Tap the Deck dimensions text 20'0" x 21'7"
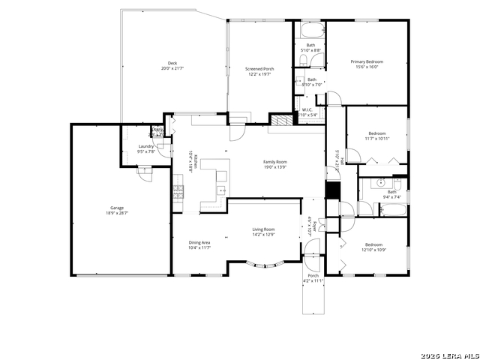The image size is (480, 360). tap(172, 68)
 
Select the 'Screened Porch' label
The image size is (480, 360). tap(259, 68)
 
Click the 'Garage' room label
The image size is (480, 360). tap(117, 208)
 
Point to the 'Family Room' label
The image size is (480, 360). tap(274, 162)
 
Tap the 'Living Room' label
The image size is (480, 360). tap(262, 229)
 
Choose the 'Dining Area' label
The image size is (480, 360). tap(199, 242)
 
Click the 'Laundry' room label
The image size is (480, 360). tap(146, 146)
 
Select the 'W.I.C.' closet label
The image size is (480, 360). tap(307, 110)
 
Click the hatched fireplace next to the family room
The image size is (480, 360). tap(280, 120)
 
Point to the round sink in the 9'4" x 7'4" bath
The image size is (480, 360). tap(381, 182)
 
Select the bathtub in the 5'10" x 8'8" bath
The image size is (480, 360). tap(310, 31)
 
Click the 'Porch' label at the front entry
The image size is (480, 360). tap(313, 275)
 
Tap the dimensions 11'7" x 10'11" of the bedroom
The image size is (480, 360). tap(376, 139)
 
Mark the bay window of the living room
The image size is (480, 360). tap(265, 264)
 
